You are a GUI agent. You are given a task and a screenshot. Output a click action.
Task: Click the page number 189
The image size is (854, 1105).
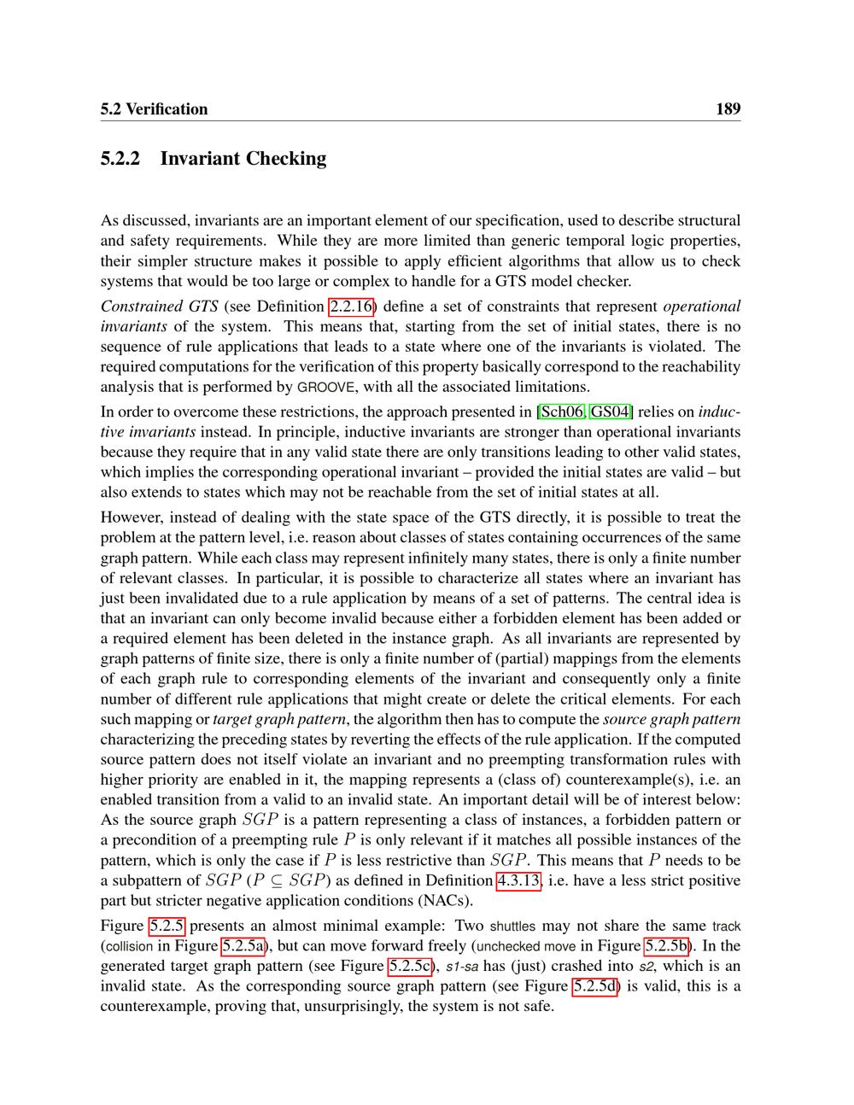pyautogui.click(x=728, y=108)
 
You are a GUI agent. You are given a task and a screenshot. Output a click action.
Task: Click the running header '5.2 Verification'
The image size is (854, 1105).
pyautogui.click(x=154, y=108)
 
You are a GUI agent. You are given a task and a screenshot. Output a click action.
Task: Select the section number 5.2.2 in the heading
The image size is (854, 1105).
pyautogui.click(x=120, y=158)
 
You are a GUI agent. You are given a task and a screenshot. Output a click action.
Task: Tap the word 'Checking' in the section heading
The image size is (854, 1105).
pyautogui.click(x=286, y=158)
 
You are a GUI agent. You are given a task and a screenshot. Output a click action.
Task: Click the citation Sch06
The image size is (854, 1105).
pyautogui.click(x=561, y=412)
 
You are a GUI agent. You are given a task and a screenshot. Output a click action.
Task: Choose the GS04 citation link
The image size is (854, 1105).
pyautogui.click(x=611, y=412)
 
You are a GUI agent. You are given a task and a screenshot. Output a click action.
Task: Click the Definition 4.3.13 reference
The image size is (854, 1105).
pyautogui.click(x=518, y=880)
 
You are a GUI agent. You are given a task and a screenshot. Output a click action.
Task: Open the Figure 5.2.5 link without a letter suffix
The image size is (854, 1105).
pyautogui.click(x=167, y=926)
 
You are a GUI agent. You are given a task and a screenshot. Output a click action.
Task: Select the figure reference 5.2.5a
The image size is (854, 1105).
pyautogui.click(x=244, y=945)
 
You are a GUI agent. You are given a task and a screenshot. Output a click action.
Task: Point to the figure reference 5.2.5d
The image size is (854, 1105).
pyautogui.click(x=594, y=986)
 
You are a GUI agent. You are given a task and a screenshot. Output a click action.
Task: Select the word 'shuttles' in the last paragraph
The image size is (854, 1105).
pyautogui.click(x=512, y=926)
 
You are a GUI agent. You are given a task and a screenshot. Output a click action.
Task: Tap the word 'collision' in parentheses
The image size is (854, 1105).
pyautogui.click(x=130, y=946)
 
